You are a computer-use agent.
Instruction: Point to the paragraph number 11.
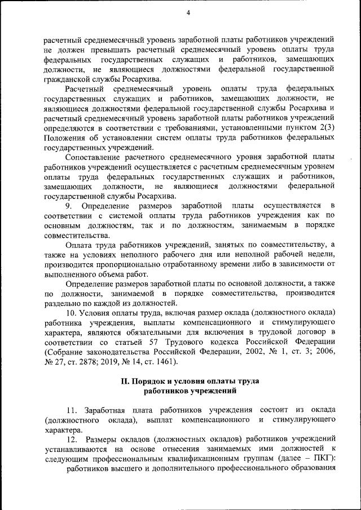(x=72, y=409)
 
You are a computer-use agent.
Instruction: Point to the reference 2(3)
(x=326, y=128)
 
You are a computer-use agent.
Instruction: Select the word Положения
(x=63, y=138)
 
